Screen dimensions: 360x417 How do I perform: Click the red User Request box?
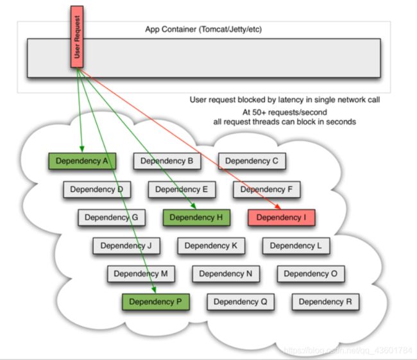pyautogui.click(x=77, y=38)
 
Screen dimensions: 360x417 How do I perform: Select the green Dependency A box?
pyautogui.click(x=82, y=161)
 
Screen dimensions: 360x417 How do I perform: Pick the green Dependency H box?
pyautogui.click(x=196, y=218)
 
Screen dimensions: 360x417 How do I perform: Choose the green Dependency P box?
pyautogui.click(x=155, y=302)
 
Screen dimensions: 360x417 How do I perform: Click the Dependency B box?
pyautogui.click(x=167, y=161)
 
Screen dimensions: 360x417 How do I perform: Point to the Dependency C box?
pyautogui.click(x=251, y=161)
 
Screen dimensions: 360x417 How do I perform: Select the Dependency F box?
pyautogui.click(x=266, y=189)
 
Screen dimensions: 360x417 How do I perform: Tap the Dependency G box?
pyautogui.click(x=112, y=218)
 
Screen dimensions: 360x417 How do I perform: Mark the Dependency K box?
pyautogui.click(x=210, y=246)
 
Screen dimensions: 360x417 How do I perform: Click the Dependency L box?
pyautogui.click(x=296, y=246)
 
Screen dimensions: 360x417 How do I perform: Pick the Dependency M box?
pyautogui.click(x=140, y=274)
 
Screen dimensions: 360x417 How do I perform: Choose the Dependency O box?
pyautogui.click(x=311, y=274)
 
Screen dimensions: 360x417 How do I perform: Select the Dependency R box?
pyautogui.click(x=325, y=302)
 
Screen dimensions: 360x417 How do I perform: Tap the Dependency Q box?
pyautogui.click(x=240, y=302)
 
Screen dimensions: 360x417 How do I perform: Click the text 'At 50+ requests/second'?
pyautogui.click(x=284, y=111)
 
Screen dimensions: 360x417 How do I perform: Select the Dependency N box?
pyautogui.click(x=226, y=274)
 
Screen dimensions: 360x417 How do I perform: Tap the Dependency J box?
pyautogui.click(x=126, y=246)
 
